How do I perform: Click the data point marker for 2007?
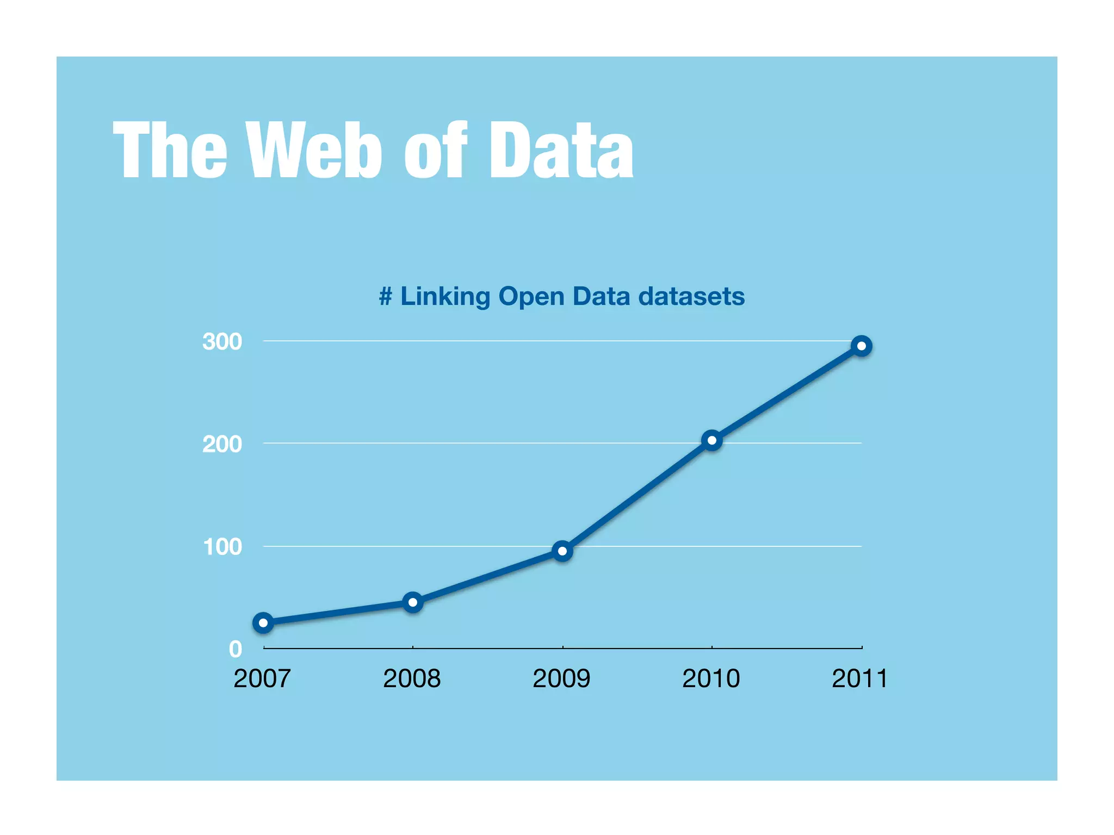[x=263, y=622]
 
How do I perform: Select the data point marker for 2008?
[x=413, y=602]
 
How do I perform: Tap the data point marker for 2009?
[x=562, y=551]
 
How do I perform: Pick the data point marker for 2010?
[x=712, y=440]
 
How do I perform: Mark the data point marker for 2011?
[x=862, y=346]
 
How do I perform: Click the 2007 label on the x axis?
[x=262, y=678]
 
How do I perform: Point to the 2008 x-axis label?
[x=412, y=678]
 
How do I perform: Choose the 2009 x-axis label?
[x=561, y=678]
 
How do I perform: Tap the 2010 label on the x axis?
[x=711, y=678]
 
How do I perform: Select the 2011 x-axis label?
[x=859, y=678]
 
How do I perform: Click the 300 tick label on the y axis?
[x=222, y=342]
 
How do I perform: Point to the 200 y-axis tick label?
[x=222, y=444]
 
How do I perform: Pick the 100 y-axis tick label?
[x=222, y=547]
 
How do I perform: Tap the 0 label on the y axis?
[x=236, y=649]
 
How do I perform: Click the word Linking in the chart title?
[x=445, y=297]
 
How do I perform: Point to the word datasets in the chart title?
[x=691, y=296]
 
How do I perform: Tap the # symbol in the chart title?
[x=386, y=297]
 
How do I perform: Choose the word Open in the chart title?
[x=531, y=297]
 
